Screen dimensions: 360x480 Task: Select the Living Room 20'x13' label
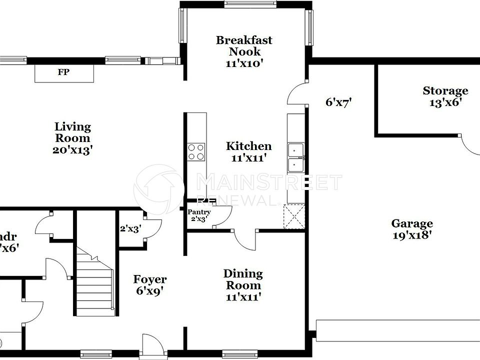click(72, 138)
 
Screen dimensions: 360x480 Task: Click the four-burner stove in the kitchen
click(196, 151)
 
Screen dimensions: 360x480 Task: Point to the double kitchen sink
click(296, 157)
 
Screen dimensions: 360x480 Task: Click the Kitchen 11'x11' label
click(248, 151)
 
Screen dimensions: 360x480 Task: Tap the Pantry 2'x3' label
click(199, 215)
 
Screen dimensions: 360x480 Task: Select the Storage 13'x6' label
click(445, 96)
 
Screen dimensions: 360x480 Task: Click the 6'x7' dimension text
click(339, 102)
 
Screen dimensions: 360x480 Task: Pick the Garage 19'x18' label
click(412, 229)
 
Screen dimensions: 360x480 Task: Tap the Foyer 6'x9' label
click(149, 284)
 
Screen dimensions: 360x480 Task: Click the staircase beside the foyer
click(95, 285)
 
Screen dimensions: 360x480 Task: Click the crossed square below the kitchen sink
click(294, 216)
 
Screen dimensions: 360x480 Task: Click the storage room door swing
click(469, 146)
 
